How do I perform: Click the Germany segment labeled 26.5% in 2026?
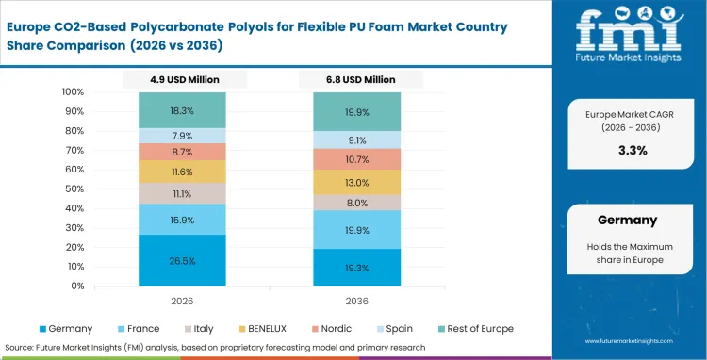tap(182, 260)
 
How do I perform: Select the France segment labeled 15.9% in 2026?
tap(182, 220)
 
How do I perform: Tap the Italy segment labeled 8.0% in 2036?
tap(356, 203)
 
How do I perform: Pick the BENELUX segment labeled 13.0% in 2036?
tap(356, 183)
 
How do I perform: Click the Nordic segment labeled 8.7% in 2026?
tap(182, 152)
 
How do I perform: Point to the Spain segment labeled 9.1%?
tap(356, 140)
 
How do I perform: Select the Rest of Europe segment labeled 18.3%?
tap(182, 110)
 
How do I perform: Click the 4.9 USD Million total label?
tap(182, 80)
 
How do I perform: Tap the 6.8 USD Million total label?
tap(356, 80)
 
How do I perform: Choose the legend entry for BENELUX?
tap(266, 329)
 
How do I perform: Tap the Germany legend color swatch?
tap(41, 329)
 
